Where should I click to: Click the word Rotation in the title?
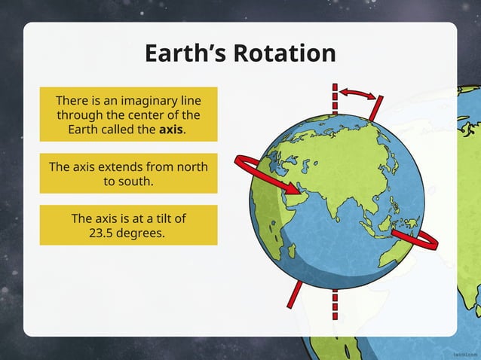[x=284, y=53]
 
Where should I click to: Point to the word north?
[x=187, y=166]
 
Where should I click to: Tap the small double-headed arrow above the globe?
[x=356, y=93]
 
